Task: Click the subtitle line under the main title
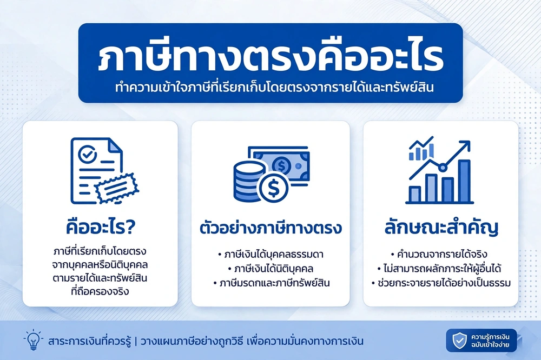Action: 274,88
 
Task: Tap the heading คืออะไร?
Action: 101,228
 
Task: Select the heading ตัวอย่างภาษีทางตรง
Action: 271,228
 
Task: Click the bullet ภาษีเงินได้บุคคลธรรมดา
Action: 271,255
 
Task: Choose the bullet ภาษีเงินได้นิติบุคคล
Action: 271,269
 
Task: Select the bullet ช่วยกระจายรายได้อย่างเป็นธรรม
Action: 441,283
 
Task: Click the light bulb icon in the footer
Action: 34,339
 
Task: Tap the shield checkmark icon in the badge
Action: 459,341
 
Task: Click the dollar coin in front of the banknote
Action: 274,188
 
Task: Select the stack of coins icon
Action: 248,181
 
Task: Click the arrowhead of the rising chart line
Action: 465,145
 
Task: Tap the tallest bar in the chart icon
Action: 464,182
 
